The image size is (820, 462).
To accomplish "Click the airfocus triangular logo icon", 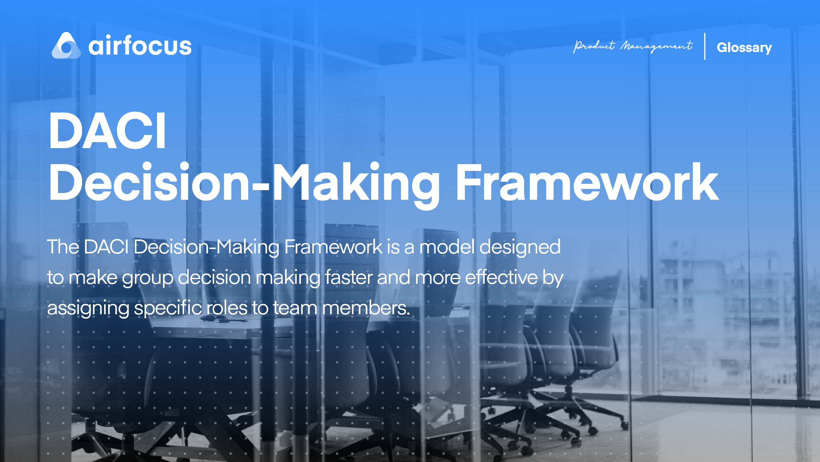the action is click(66, 46).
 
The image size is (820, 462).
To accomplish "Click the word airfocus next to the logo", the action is click(140, 46).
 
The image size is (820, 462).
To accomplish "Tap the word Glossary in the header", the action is click(744, 48).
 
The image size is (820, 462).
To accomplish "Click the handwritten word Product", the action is click(594, 46).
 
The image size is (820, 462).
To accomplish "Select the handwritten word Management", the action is click(657, 46).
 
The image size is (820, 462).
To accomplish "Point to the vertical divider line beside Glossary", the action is click(705, 46).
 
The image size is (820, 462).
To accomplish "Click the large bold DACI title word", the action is click(107, 131).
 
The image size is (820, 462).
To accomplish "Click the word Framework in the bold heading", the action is click(587, 182).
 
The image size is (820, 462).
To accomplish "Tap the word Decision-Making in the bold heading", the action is click(245, 185).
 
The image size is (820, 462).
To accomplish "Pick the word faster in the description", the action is click(349, 277).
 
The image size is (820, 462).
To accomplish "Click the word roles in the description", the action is click(227, 308).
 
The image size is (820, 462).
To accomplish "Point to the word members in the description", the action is click(366, 308).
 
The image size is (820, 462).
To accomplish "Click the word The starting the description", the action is click(63, 247).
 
